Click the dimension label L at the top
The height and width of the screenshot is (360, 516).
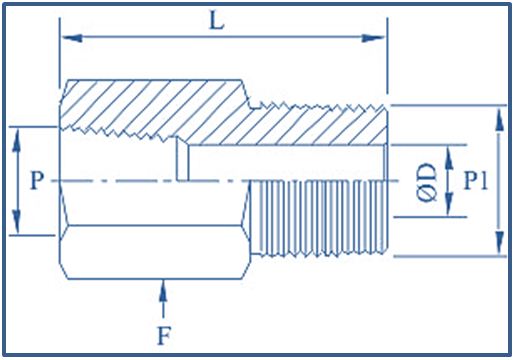click(216, 20)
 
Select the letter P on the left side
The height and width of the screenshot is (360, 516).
click(36, 181)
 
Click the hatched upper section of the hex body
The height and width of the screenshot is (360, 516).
click(150, 105)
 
